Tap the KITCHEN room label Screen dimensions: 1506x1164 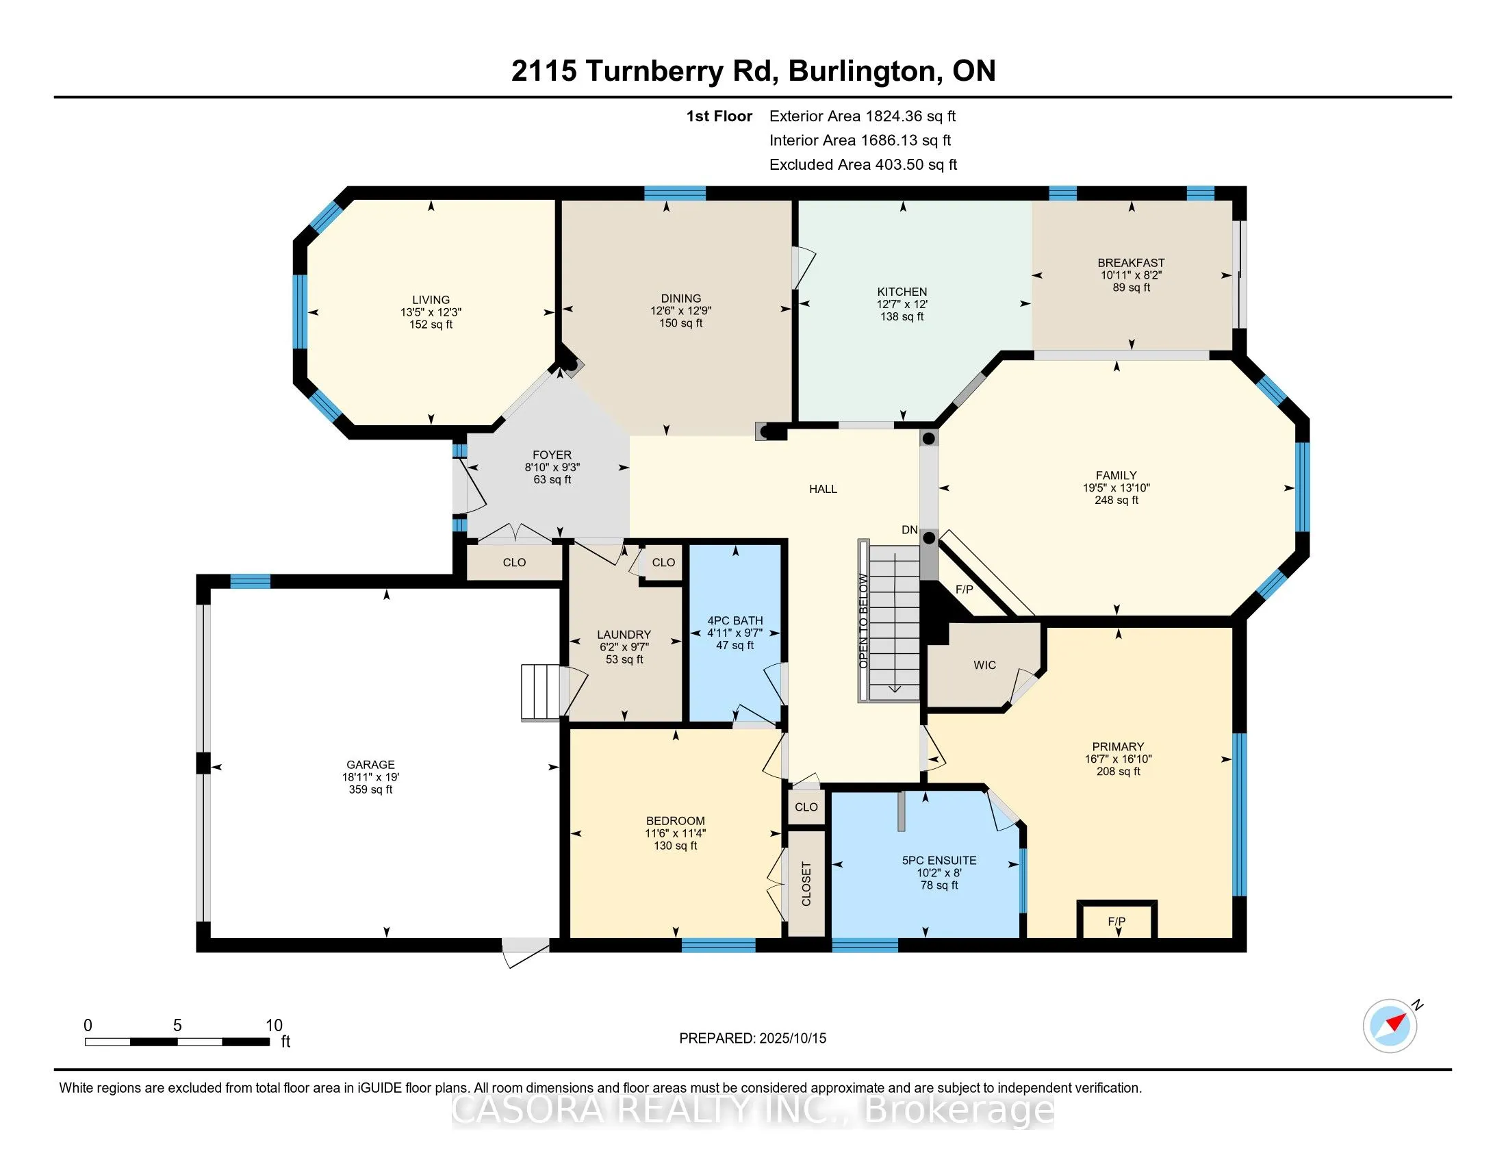tap(902, 292)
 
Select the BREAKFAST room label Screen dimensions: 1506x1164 tap(1131, 263)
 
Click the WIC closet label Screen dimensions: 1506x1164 tap(984, 665)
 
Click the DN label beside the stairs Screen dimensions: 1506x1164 tap(910, 529)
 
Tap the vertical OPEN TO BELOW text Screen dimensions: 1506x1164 tap(863, 620)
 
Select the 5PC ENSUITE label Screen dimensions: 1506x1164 tap(939, 860)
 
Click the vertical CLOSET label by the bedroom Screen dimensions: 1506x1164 tap(806, 883)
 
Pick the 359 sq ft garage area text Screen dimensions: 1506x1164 tap(370, 789)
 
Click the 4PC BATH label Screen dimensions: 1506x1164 tap(735, 620)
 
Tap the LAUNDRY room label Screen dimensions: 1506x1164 tap(624, 635)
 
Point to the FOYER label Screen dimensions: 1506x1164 tap(552, 455)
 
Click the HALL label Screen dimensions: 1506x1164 tap(823, 489)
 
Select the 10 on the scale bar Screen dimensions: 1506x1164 tap(274, 1025)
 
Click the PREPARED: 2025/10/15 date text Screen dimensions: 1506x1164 tap(752, 1038)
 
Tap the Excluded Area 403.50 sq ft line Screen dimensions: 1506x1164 tap(863, 164)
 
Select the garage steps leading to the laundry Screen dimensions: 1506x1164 tap(541, 692)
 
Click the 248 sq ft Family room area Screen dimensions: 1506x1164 tap(1116, 500)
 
